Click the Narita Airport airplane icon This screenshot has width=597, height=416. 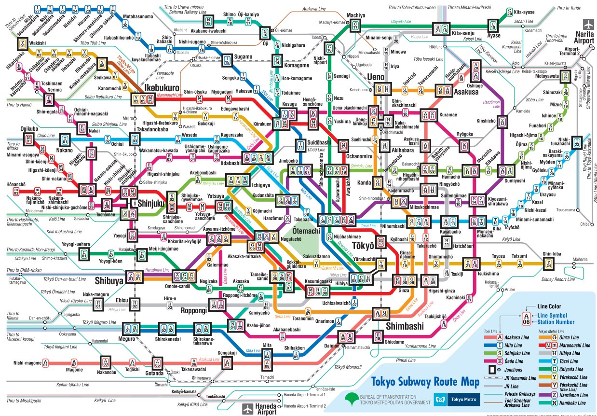pyautogui.click(x=589, y=24)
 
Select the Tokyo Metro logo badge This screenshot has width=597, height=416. pyautogui.click(x=456, y=399)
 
